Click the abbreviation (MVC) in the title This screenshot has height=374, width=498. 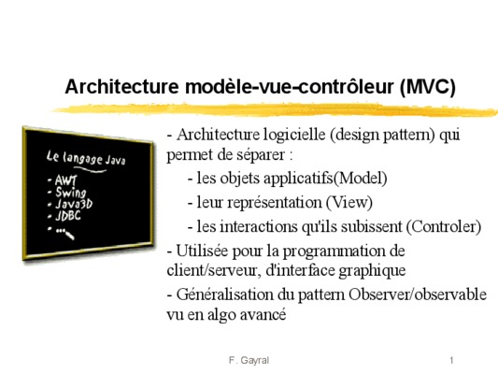point(428,87)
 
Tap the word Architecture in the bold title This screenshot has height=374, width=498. point(122,86)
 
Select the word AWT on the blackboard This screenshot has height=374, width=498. point(65,180)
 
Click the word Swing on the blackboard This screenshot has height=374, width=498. point(71,193)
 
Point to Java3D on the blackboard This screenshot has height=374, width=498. point(74,204)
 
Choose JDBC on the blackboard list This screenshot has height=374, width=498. point(68,216)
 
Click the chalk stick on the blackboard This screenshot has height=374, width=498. point(69,235)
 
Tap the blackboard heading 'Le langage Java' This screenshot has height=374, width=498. point(86,158)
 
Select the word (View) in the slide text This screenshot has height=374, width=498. point(349,202)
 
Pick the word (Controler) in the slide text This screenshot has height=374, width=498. point(444,226)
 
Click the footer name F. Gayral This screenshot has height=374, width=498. point(249,360)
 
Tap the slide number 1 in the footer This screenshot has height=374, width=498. point(451,360)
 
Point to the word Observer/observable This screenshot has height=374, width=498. point(418,295)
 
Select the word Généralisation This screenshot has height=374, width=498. point(224,295)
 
